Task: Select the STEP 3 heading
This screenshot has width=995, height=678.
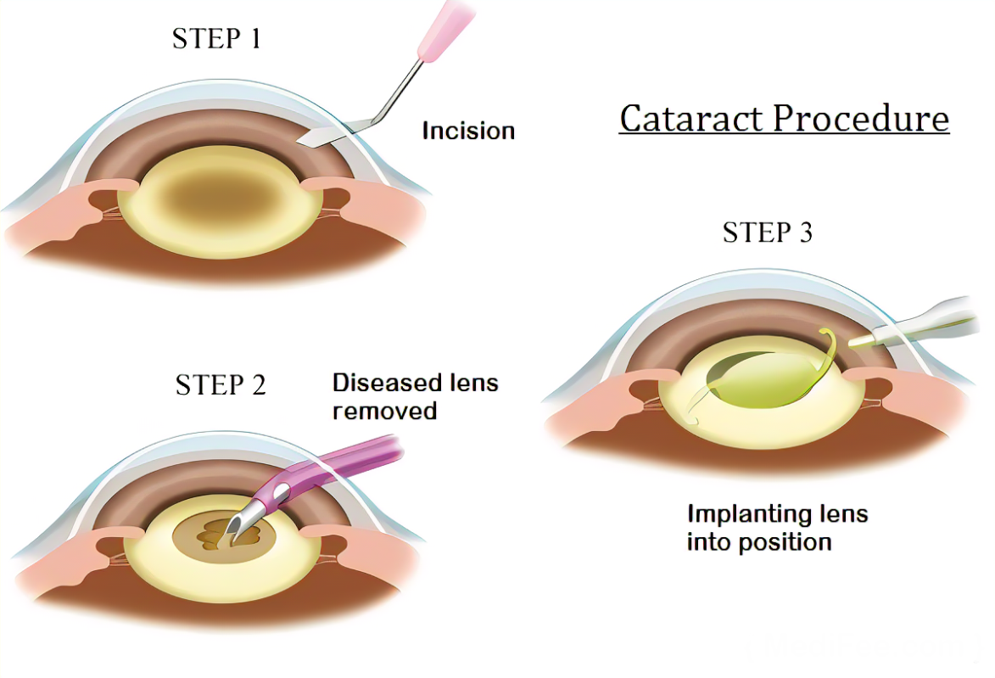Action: [x=767, y=232]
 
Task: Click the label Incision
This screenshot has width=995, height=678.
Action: [x=468, y=132]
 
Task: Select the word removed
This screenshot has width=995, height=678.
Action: [x=384, y=412]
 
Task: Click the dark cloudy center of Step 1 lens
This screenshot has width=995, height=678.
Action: [x=220, y=197]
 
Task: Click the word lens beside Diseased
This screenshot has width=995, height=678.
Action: [x=470, y=383]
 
